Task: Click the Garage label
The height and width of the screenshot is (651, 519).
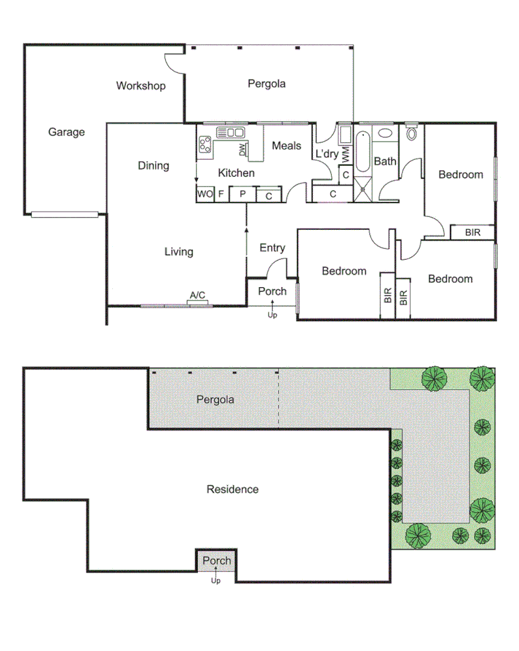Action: click(x=66, y=132)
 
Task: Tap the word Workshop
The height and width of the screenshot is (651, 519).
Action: click(x=140, y=86)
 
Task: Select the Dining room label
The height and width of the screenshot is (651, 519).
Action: click(x=153, y=165)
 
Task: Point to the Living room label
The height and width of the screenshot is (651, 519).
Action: click(x=179, y=252)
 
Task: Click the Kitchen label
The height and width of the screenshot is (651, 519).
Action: click(x=236, y=173)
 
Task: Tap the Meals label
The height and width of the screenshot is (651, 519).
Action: click(x=286, y=146)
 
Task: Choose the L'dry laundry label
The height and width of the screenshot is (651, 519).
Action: click(x=326, y=154)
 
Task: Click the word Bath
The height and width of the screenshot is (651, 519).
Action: click(x=385, y=161)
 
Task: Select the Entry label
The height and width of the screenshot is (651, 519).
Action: click(x=272, y=248)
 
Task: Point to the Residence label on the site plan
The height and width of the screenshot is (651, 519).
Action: click(x=233, y=489)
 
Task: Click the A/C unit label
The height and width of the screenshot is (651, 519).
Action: click(x=198, y=295)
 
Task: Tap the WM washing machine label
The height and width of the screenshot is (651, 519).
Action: click(x=345, y=154)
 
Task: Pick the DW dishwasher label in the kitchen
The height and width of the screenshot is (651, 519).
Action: click(x=241, y=150)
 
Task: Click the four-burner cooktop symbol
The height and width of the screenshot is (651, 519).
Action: click(x=205, y=144)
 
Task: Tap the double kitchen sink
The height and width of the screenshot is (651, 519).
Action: click(x=231, y=132)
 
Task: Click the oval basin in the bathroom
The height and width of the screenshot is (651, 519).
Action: click(x=385, y=133)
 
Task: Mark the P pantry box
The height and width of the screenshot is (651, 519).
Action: click(x=241, y=195)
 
